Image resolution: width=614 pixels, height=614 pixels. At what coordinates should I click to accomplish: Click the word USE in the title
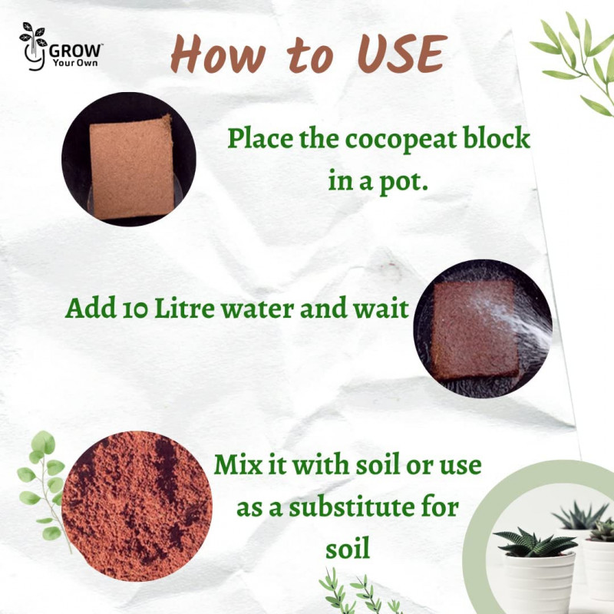[x=402, y=54]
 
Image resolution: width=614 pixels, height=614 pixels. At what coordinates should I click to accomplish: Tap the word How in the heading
[x=219, y=54]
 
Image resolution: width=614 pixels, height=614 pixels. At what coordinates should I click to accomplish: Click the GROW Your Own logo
[x=61, y=47]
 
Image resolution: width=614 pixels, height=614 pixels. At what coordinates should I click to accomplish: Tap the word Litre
[x=185, y=308]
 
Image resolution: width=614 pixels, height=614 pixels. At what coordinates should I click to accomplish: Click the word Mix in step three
[x=238, y=464]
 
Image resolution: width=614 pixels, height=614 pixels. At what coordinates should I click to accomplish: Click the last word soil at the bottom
[x=348, y=548]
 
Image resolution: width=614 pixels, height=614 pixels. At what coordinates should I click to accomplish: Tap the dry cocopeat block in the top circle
[x=131, y=167]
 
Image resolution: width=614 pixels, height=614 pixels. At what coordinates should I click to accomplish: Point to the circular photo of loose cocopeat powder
[x=137, y=506]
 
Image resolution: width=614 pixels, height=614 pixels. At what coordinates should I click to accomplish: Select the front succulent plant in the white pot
[x=534, y=541]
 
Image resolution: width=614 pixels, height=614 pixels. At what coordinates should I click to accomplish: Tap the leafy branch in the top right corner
[x=576, y=63]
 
